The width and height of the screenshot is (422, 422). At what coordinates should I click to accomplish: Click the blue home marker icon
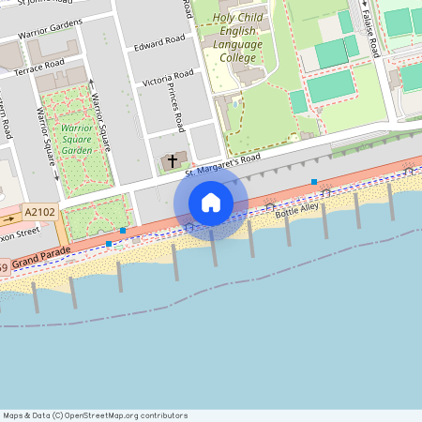[x=211, y=203]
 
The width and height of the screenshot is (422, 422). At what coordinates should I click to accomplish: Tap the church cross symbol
[x=171, y=160]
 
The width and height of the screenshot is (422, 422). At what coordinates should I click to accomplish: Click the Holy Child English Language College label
[x=237, y=38]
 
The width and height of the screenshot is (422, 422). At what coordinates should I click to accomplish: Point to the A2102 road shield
[x=41, y=213]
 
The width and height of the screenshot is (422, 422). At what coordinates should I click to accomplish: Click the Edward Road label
[x=159, y=43]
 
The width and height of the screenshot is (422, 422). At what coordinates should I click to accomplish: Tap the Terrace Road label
[x=38, y=66]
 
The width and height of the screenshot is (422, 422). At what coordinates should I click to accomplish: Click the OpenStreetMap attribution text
[x=95, y=415]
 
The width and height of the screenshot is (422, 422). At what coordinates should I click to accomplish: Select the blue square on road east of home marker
[x=314, y=182]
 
